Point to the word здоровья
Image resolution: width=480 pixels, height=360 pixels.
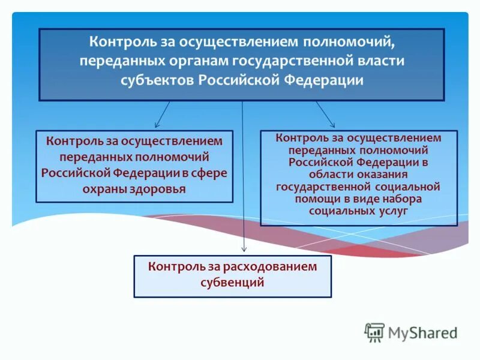(x=158, y=188)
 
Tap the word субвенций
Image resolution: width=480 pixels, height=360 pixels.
(x=232, y=281)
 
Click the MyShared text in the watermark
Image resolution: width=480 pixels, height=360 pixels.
(x=422, y=332)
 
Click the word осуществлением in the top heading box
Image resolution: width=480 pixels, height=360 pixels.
(x=239, y=43)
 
